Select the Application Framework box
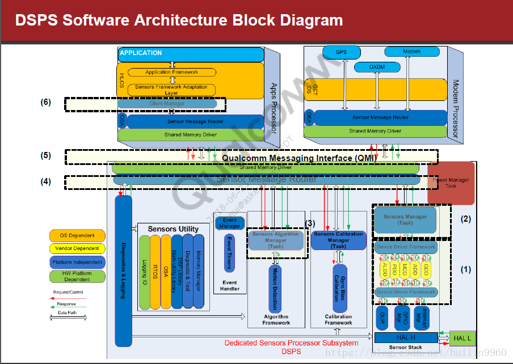click(172, 72)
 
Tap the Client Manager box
click(167, 104)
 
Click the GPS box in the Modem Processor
click(341, 52)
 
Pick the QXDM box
click(377, 67)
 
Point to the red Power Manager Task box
click(451, 183)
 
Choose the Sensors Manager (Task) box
click(405, 220)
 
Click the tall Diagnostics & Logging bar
click(123, 270)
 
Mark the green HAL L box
click(462, 338)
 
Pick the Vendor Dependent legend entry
click(77, 248)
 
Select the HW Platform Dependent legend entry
click(77, 276)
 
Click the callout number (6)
click(46, 103)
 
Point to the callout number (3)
click(310, 223)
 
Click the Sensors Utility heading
click(173, 229)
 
